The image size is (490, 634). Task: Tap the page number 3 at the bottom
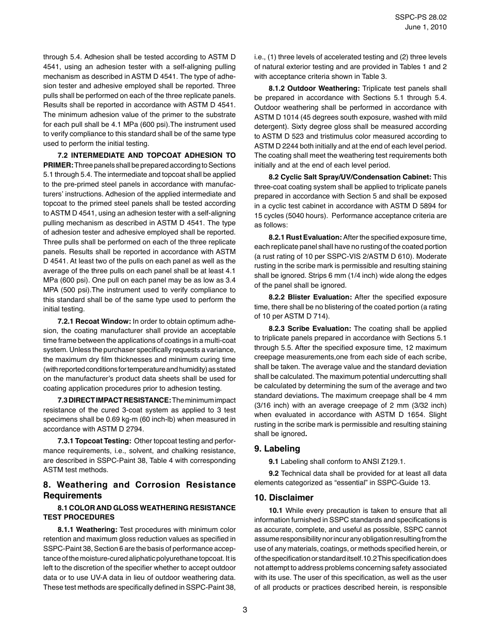click(245, 610)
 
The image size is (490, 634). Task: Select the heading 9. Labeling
click(277, 448)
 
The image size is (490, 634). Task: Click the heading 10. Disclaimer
click(284, 497)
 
